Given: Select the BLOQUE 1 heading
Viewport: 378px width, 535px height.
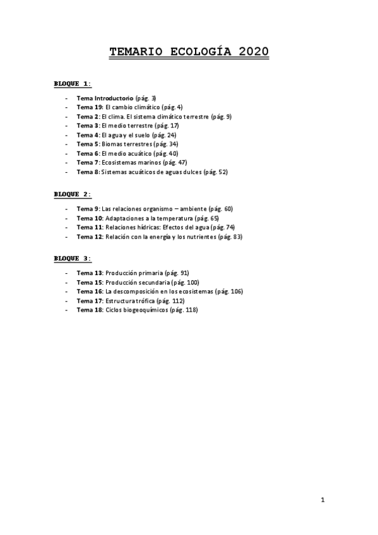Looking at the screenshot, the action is click(x=72, y=83).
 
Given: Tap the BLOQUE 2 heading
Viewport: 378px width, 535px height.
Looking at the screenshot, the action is click(x=72, y=194).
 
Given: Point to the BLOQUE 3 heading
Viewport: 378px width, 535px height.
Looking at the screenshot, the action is click(x=72, y=258).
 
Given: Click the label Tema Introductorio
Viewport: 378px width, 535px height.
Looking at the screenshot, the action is click(x=105, y=98).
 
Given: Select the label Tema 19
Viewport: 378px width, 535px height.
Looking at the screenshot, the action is click(x=89, y=108).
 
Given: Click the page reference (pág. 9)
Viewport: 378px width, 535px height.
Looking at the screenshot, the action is click(x=221, y=117).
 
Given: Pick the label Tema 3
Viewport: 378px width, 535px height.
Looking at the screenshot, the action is click(x=87, y=126).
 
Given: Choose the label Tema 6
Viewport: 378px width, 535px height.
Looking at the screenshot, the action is click(x=87, y=153).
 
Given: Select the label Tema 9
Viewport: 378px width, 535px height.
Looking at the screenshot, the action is click(x=87, y=209).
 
